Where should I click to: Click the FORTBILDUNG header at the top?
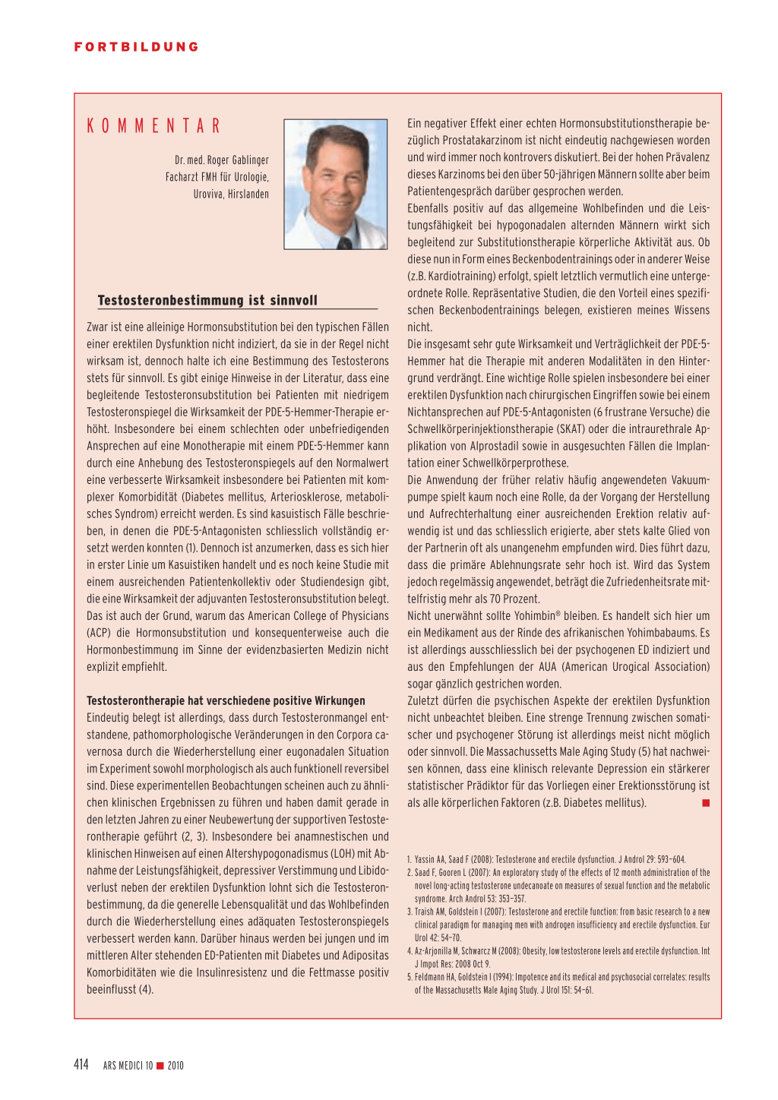(x=137, y=47)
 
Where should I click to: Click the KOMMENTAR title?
(x=153, y=126)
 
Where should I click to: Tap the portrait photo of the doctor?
(x=335, y=184)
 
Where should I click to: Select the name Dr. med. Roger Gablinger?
(x=221, y=160)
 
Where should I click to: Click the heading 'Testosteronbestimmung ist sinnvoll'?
(x=207, y=301)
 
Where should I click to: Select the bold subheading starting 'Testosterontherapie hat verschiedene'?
(x=226, y=700)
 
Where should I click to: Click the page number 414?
(x=81, y=1064)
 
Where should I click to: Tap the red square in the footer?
(x=160, y=1066)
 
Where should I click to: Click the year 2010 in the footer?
(x=176, y=1066)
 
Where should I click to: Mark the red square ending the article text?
(x=706, y=803)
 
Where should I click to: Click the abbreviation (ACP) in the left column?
(x=98, y=633)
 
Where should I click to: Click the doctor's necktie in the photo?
(x=344, y=243)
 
